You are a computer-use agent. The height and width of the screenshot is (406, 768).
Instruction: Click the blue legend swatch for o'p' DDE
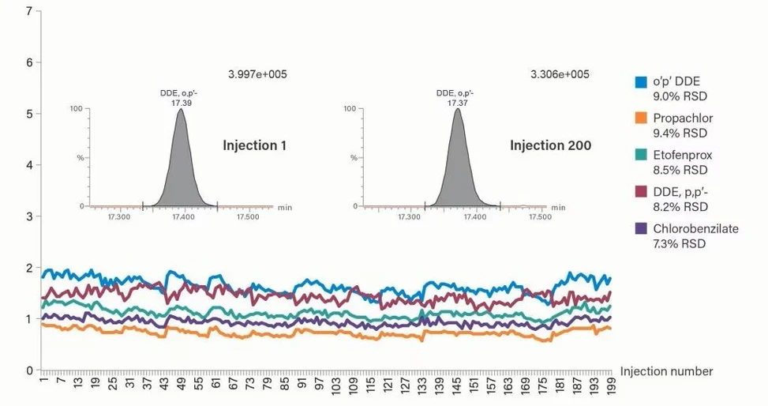click(642, 82)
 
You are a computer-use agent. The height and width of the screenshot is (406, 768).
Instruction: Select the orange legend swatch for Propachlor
click(642, 118)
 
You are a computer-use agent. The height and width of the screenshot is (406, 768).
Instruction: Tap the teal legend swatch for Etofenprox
click(642, 156)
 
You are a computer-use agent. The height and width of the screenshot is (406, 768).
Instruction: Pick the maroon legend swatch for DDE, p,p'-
click(642, 192)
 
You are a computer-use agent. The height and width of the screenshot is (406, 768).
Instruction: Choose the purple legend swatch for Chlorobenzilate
click(642, 229)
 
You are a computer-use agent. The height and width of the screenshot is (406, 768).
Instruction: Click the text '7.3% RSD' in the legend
click(680, 243)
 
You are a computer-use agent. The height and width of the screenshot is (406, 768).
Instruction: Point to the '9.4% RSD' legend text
click(680, 133)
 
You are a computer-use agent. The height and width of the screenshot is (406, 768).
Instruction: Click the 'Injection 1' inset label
click(254, 145)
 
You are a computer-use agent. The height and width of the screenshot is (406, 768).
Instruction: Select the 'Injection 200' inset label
click(550, 145)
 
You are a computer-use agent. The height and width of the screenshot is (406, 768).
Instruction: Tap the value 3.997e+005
click(257, 74)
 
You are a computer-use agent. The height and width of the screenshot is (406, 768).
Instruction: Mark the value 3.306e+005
click(560, 74)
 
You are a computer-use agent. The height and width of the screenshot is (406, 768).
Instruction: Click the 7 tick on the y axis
click(29, 12)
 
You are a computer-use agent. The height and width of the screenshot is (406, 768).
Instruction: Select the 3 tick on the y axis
click(29, 216)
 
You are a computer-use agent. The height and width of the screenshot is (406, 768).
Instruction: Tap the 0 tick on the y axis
click(29, 370)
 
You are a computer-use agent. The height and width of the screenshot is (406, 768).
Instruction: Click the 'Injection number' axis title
click(666, 371)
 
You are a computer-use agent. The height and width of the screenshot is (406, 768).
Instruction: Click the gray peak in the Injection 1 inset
click(182, 170)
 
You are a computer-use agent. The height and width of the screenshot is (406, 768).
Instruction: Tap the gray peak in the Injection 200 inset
click(458, 170)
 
